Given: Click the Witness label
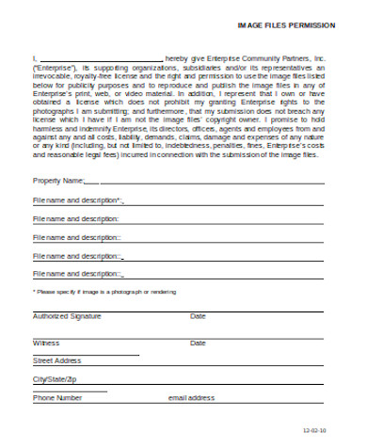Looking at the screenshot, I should pyautogui.click(x=45, y=343).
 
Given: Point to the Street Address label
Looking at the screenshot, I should pyautogui.click(x=57, y=360).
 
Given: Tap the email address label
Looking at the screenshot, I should pyautogui.click(x=192, y=398).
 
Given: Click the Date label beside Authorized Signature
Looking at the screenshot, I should pyautogui.click(x=198, y=316).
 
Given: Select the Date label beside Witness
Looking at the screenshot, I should pyautogui.click(x=198, y=343).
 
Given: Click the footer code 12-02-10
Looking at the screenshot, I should pyautogui.click(x=313, y=430).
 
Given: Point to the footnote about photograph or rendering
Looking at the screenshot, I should pyautogui.click(x=91, y=292).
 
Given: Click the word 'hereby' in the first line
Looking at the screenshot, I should pyautogui.click(x=190, y=58).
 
